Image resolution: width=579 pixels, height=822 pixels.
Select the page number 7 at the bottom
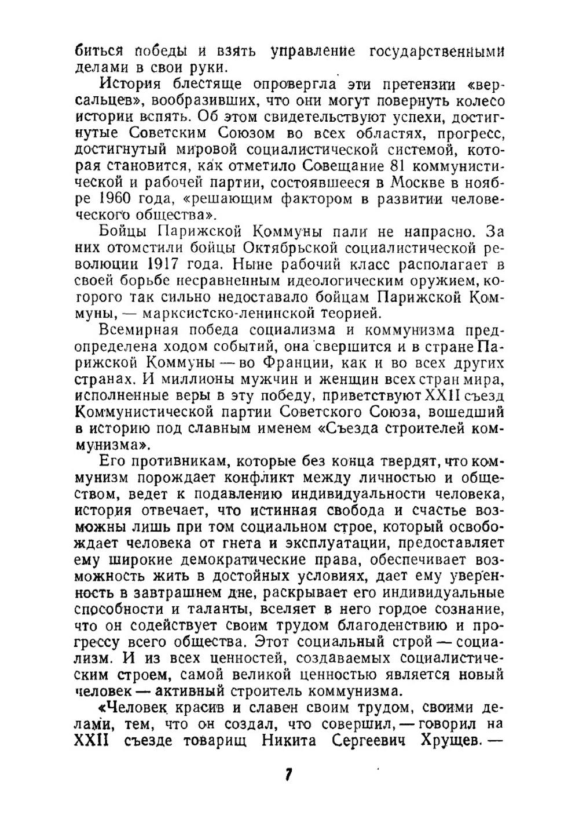[x=288, y=775]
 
